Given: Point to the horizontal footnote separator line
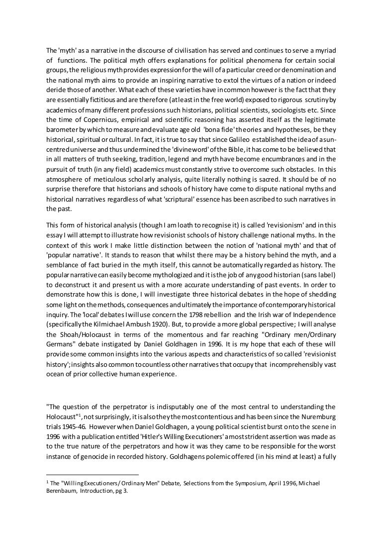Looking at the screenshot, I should coord(92,475).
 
